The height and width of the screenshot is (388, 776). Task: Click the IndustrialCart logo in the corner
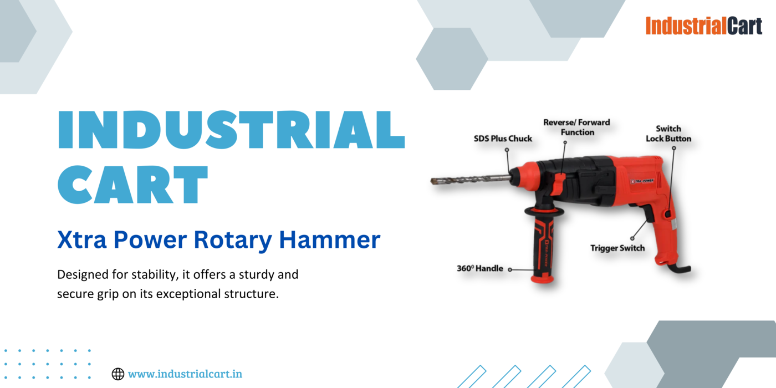click(703, 26)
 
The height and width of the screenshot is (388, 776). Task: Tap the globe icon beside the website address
click(118, 374)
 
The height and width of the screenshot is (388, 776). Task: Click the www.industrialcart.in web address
click(185, 374)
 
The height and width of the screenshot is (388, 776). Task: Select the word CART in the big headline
click(132, 184)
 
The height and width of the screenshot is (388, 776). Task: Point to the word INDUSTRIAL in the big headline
click(232, 130)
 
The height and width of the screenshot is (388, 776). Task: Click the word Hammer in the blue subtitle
click(329, 239)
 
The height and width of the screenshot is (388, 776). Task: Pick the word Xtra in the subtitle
click(82, 239)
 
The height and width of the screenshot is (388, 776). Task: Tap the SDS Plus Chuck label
click(503, 139)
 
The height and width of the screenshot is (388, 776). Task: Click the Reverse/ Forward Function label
click(577, 127)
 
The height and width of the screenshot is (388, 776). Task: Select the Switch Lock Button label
click(668, 134)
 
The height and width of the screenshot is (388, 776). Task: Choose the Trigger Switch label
click(617, 248)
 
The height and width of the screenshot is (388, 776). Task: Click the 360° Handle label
click(480, 268)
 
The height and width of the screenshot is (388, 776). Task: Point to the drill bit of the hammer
click(471, 180)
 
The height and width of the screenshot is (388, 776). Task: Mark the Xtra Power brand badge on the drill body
click(642, 181)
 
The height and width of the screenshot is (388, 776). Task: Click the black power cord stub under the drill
click(680, 268)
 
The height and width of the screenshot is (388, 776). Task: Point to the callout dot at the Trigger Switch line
click(632, 238)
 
